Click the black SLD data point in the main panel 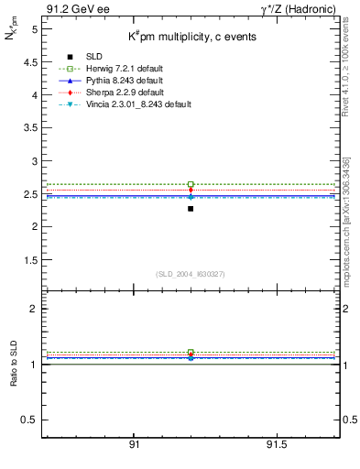[x=191, y=209]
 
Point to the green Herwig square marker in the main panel [x=191, y=184]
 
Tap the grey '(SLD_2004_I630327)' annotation [x=191, y=274]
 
